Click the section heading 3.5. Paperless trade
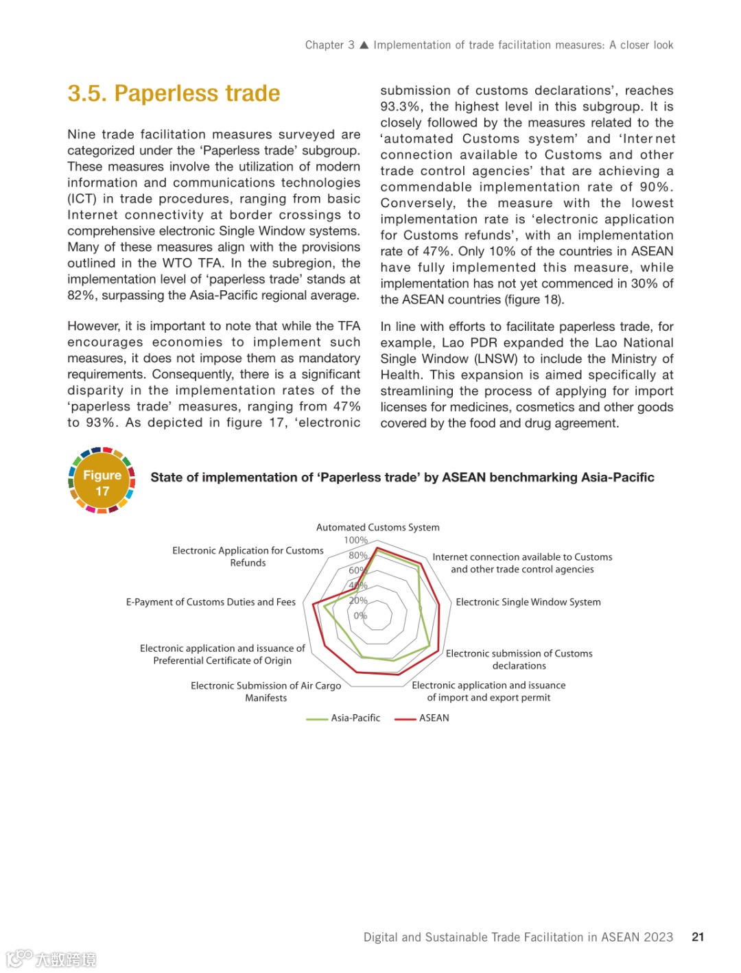174,93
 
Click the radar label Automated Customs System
377,528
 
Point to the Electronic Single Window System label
528,602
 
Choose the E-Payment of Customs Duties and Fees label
211,602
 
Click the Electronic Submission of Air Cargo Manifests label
266,692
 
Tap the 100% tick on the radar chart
355,541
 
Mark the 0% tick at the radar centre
360,616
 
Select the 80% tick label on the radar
357,555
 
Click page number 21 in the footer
698,937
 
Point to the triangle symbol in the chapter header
364,45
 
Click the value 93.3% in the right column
401,106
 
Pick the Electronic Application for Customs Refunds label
248,556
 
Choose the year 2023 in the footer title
658,937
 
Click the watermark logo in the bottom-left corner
51,959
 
